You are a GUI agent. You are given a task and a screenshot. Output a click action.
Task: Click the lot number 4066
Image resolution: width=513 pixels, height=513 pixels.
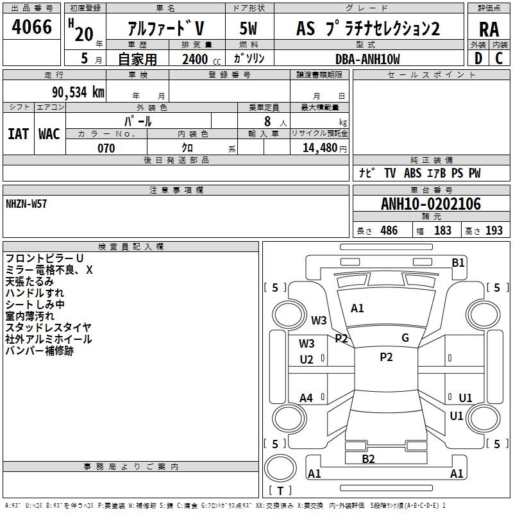coord(31,27)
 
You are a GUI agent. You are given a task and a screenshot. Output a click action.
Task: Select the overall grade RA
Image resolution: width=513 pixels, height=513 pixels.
coord(489,29)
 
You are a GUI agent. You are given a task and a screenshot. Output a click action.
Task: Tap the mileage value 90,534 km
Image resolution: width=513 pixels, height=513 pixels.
coord(78,92)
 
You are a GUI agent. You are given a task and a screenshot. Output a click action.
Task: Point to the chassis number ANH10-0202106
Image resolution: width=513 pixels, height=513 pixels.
coord(431,203)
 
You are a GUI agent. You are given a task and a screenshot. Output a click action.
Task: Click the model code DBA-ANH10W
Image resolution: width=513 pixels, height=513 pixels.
coord(367,59)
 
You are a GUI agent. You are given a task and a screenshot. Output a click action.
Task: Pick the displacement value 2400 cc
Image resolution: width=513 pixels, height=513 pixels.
coord(201,59)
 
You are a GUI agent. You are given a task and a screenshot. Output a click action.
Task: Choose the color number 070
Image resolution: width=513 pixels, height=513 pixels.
coord(106,148)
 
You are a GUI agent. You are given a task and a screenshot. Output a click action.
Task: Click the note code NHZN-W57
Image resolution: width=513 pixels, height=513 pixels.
coord(26,204)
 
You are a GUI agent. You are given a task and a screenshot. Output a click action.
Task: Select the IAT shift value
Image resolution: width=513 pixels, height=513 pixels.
coord(18,134)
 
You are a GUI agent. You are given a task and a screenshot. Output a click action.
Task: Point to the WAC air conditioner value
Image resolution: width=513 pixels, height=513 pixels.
coord(49,134)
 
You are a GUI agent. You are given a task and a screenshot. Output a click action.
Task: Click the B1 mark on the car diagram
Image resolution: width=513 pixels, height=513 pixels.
coord(458,263)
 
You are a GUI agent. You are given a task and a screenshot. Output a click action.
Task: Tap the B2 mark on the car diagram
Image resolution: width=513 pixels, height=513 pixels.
coord(368,459)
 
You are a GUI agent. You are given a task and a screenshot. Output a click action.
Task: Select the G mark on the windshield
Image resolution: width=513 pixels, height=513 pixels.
coord(405,338)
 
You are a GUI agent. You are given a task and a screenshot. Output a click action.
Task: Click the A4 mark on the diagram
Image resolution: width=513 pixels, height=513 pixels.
coord(306,398)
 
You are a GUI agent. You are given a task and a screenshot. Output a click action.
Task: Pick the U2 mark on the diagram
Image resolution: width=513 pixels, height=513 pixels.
coord(307,360)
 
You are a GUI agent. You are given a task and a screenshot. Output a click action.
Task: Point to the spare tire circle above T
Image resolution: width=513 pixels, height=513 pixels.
coord(280,468)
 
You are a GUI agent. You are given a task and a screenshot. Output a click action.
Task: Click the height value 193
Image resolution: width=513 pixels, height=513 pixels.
coord(494,230)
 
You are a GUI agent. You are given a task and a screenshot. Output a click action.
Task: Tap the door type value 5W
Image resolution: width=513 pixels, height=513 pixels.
coord(248,28)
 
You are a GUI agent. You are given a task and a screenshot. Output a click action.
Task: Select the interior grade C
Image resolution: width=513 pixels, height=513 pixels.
coord(499,58)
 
